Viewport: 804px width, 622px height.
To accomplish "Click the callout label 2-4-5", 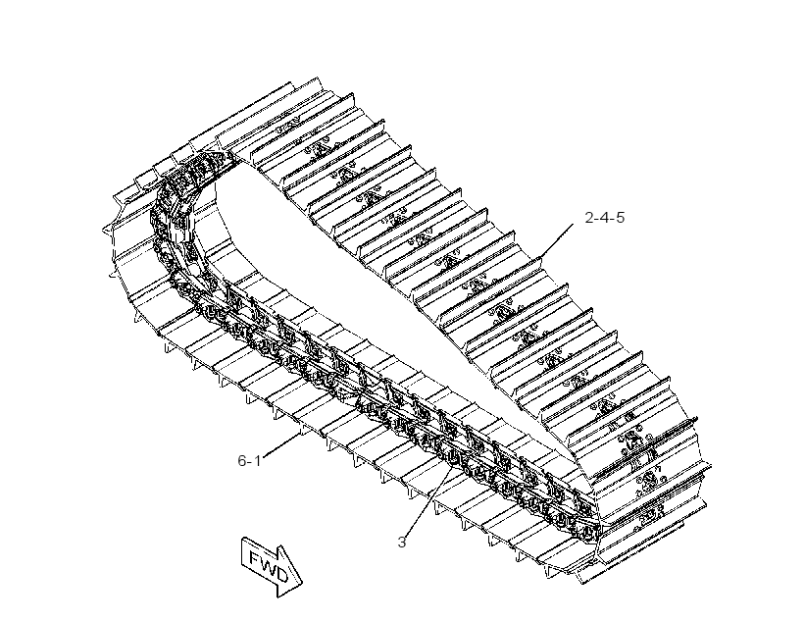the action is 605,218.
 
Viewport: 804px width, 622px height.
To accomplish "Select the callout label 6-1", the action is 249,460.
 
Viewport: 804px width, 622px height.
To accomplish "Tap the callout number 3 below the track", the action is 401,542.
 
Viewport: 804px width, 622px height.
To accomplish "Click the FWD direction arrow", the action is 273,567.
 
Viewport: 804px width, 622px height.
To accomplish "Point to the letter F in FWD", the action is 255,557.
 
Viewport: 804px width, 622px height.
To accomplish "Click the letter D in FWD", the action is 280,575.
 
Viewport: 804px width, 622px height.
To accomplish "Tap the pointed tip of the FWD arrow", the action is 302,583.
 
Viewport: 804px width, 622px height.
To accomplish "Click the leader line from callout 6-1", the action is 281,444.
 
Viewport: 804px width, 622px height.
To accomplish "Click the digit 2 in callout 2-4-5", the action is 589,218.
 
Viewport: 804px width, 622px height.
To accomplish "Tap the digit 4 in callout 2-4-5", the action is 605,218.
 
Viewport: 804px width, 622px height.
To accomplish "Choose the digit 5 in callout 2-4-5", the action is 621,218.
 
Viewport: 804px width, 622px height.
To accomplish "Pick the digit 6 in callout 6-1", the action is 242,460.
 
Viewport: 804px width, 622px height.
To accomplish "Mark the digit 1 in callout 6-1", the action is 258,460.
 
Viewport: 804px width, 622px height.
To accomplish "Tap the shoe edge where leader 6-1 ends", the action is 300,433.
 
